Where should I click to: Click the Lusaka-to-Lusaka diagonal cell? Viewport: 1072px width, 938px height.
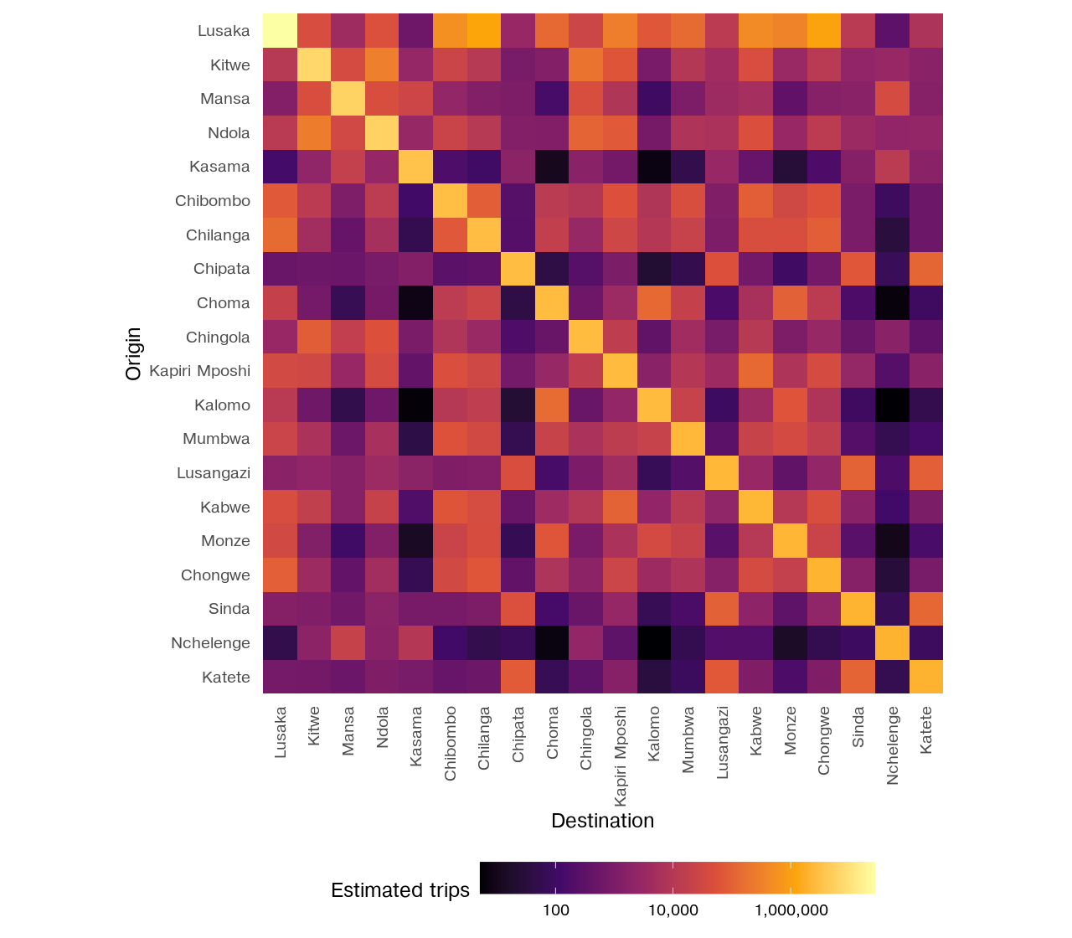[280, 30]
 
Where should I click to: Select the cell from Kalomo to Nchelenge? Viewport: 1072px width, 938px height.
[892, 405]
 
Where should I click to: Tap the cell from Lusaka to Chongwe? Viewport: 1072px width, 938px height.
[824, 30]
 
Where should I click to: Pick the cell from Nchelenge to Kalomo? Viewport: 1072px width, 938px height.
[654, 642]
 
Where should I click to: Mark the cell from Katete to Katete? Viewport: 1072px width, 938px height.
[926, 677]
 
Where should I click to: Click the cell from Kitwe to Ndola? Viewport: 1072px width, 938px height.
[382, 64]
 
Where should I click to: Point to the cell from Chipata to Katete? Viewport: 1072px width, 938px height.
[926, 268]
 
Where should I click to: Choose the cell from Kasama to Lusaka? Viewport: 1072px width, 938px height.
[280, 167]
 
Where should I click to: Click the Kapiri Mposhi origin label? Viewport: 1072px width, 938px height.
[199, 371]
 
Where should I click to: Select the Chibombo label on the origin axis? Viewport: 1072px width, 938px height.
[212, 201]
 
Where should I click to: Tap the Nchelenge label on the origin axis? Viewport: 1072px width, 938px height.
[210, 643]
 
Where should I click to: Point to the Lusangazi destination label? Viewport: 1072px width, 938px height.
[722, 743]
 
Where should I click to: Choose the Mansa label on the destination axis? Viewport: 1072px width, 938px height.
[348, 731]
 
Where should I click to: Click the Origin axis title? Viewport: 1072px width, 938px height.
[133, 353]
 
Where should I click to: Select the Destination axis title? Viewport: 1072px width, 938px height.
[602, 821]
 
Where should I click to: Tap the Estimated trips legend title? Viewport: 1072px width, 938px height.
[400, 890]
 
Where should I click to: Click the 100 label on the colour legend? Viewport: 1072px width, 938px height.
[555, 910]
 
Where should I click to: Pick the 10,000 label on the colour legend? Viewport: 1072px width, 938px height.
[673, 910]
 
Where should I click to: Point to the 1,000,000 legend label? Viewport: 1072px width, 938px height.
[791, 910]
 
